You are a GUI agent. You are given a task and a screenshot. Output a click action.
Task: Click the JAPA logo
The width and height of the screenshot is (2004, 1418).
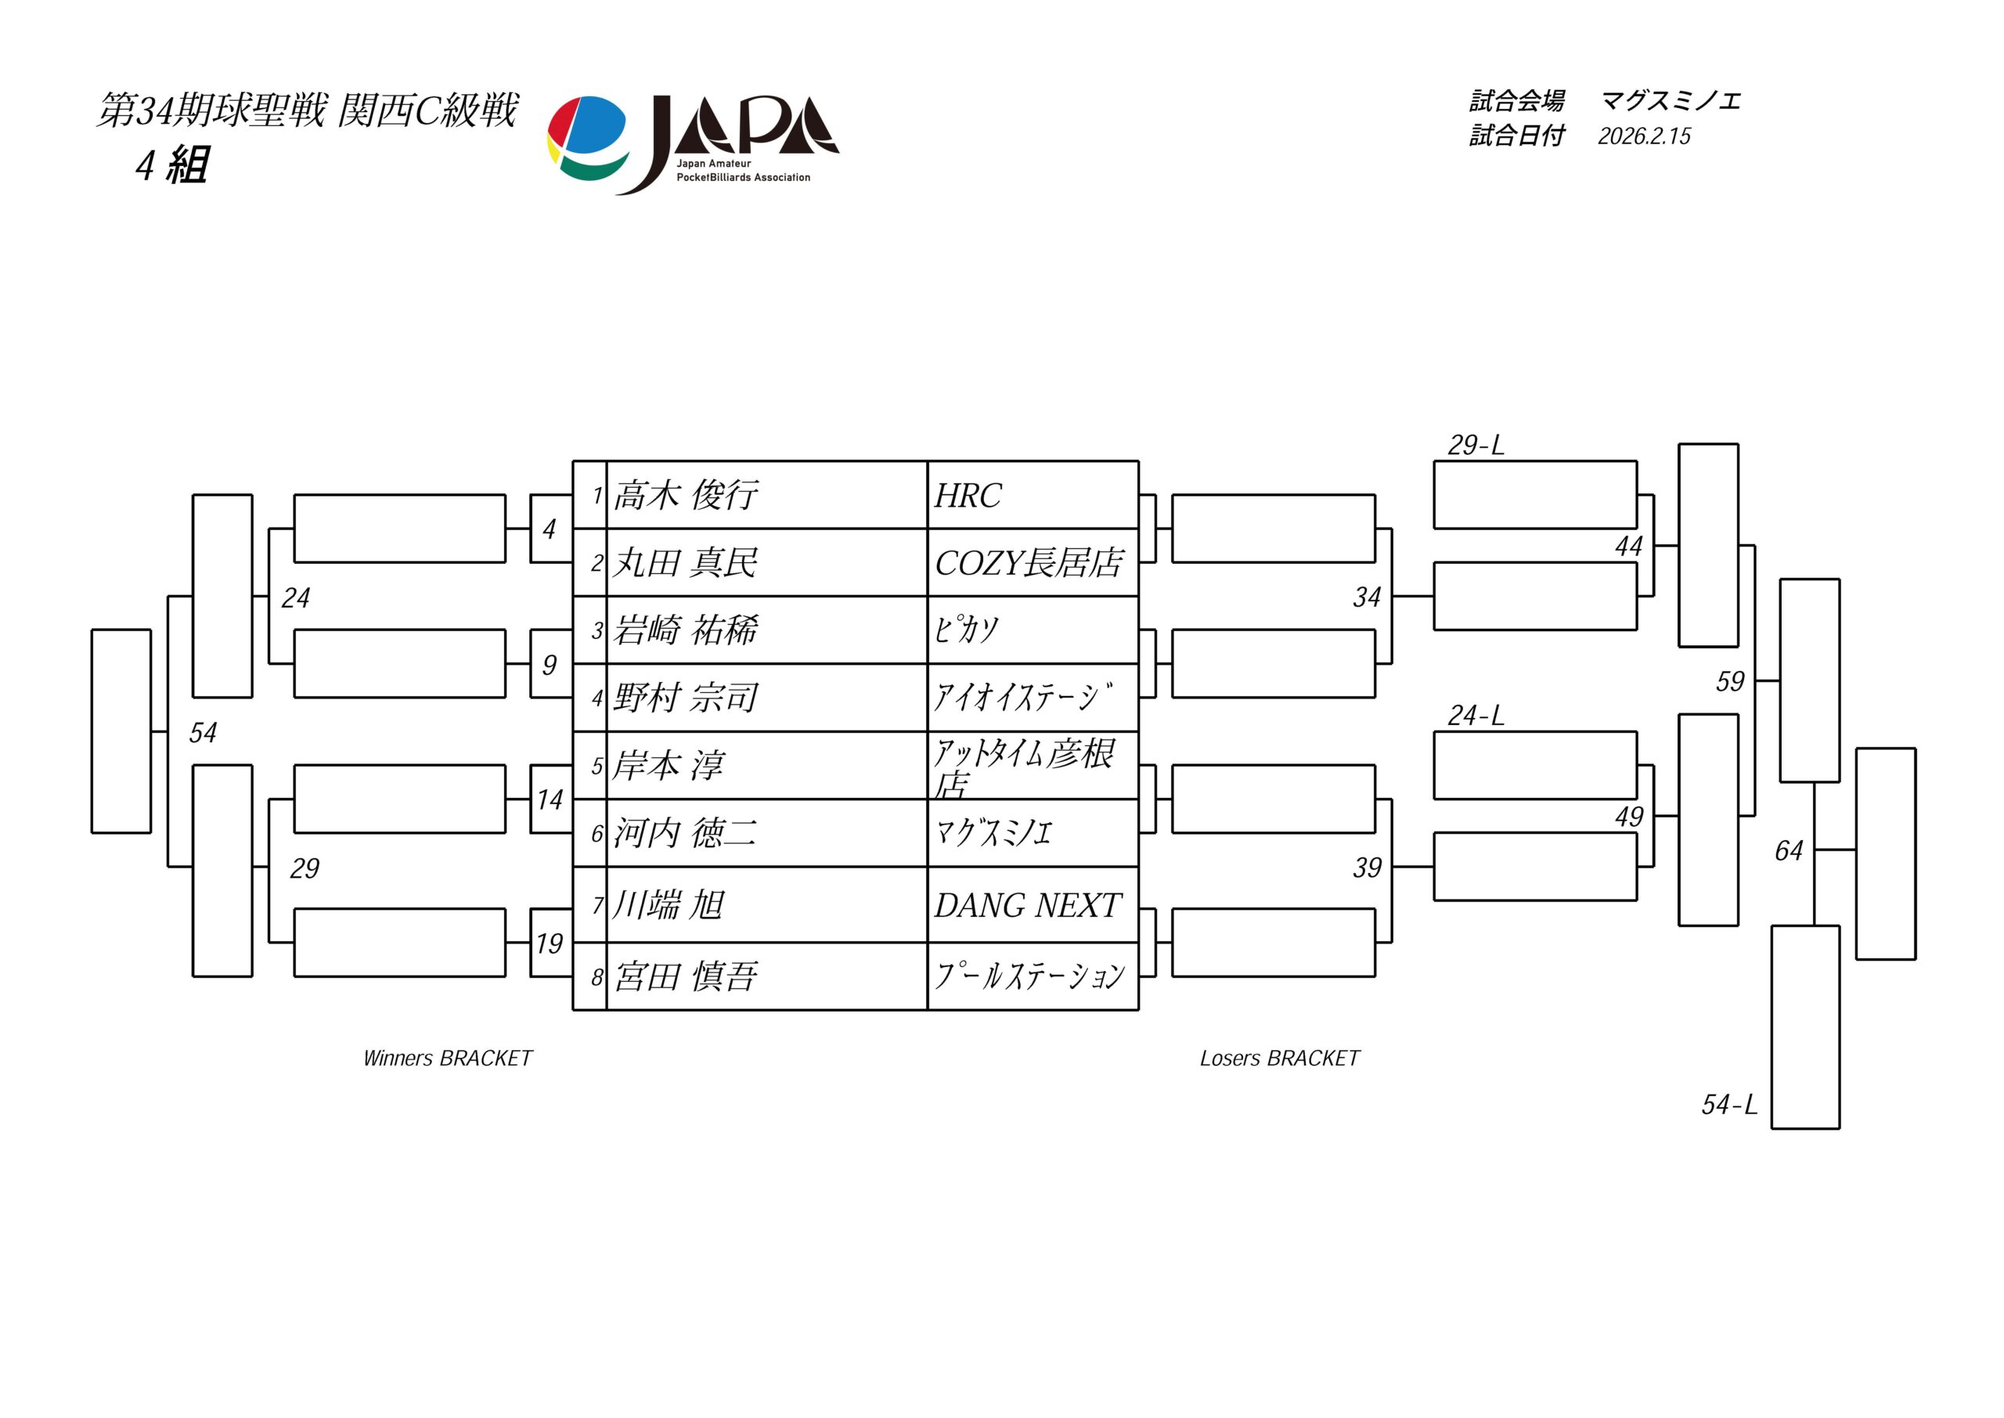(692, 144)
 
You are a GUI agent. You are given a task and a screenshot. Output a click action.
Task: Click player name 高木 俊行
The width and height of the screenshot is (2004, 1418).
(685, 496)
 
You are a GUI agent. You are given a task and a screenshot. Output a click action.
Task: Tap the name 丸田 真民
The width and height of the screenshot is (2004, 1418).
(685, 563)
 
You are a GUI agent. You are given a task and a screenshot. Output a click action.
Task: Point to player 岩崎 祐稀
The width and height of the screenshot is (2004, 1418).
(685, 630)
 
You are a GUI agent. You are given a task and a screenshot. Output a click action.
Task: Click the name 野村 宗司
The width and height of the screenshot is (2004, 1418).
(685, 698)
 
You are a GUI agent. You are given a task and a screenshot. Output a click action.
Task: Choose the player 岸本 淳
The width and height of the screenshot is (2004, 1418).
(668, 766)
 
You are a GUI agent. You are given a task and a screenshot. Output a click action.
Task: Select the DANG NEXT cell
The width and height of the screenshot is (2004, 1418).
(1027, 905)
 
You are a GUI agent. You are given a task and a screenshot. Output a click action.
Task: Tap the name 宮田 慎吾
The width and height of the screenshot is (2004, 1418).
(685, 976)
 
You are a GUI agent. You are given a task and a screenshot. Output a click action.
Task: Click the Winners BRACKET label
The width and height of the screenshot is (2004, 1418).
(447, 1059)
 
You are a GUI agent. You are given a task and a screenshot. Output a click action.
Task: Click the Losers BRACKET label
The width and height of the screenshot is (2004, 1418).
(1280, 1059)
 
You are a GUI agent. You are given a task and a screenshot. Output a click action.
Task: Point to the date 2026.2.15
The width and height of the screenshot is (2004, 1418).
(1644, 136)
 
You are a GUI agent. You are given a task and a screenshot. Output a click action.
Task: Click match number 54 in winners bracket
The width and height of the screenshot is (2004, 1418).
(203, 733)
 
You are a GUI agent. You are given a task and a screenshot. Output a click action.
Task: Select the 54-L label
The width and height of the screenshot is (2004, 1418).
(1728, 1105)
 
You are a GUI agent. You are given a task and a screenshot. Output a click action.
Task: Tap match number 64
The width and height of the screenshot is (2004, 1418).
(1789, 850)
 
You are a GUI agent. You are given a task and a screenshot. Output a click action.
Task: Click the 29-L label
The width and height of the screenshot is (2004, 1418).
(1476, 446)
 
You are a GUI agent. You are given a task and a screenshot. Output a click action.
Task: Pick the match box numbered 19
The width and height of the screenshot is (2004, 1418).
(550, 943)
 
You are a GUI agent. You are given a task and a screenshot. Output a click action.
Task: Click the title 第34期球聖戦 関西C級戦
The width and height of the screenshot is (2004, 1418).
(307, 111)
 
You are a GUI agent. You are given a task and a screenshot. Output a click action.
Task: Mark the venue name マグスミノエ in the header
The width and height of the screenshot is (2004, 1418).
(1671, 101)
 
